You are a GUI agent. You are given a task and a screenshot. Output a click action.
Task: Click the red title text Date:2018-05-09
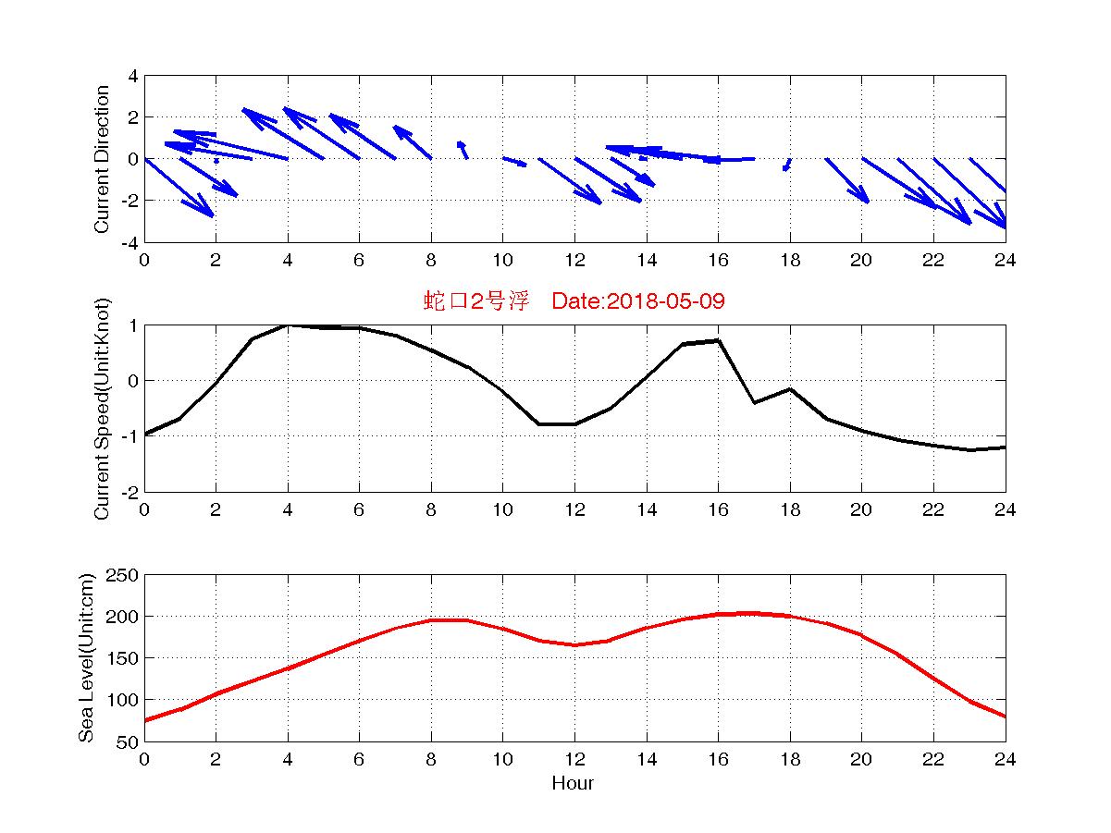click(637, 301)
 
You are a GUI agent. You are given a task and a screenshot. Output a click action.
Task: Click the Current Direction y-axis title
click(102, 159)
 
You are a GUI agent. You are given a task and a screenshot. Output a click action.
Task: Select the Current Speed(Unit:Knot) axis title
click(102, 408)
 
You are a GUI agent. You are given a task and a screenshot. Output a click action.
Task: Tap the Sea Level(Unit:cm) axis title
click(86, 657)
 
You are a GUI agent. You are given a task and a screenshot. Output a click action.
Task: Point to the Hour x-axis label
click(574, 784)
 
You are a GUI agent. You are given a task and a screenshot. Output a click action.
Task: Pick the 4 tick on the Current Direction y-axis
click(133, 76)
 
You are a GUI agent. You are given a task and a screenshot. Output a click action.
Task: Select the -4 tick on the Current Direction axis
click(129, 242)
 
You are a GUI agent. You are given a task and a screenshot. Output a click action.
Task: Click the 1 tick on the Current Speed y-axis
click(133, 325)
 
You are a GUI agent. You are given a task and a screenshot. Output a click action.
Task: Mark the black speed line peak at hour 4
click(288, 325)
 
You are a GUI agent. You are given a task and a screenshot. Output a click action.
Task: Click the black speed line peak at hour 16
click(718, 340)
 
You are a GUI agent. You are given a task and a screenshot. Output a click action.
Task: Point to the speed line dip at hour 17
click(754, 402)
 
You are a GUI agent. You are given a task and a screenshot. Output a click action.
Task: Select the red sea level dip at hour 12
click(574, 644)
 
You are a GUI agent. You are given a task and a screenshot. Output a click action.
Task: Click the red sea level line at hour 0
click(145, 720)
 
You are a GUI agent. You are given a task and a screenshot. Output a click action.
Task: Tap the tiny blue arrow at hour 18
click(787, 165)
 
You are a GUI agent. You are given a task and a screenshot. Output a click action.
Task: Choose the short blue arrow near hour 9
click(463, 150)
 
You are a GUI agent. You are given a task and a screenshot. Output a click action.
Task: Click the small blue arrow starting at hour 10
click(514, 162)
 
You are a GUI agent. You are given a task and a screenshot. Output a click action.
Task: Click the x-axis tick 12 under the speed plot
click(574, 509)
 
